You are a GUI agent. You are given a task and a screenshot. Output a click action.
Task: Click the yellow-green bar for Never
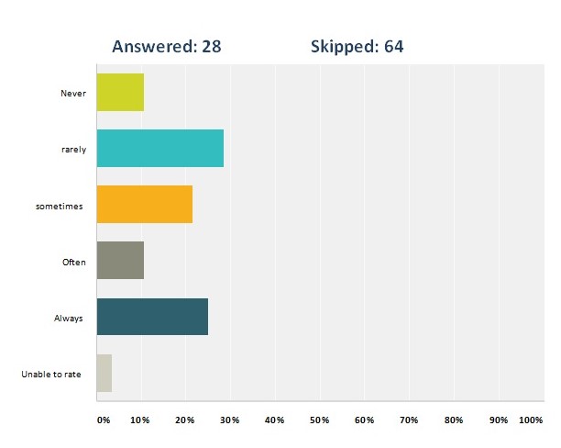(120, 92)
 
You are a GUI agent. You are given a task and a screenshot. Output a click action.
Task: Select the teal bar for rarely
(159, 148)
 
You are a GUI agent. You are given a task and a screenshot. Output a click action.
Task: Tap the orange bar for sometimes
(144, 205)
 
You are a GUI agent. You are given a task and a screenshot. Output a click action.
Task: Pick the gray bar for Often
(120, 261)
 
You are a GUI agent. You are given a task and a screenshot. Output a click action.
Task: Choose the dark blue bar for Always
(152, 317)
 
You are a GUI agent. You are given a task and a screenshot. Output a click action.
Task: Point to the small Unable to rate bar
(104, 374)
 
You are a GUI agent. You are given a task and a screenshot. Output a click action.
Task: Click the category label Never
(73, 93)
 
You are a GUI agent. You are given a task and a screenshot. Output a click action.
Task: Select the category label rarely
(73, 149)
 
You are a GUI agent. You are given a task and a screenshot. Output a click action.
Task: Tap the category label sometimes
(60, 206)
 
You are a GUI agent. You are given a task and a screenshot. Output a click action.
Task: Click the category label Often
(73, 262)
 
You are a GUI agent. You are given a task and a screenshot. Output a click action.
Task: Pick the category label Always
(70, 318)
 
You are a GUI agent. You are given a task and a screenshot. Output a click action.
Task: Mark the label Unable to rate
(52, 375)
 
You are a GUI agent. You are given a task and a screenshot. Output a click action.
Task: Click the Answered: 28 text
(166, 46)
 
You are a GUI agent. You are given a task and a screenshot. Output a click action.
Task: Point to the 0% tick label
(104, 420)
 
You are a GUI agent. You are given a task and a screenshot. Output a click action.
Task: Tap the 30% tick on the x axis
(229, 420)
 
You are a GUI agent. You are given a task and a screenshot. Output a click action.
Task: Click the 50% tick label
(319, 420)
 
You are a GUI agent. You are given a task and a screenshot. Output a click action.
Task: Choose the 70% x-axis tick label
(409, 420)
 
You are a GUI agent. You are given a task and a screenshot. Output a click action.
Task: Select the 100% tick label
(531, 420)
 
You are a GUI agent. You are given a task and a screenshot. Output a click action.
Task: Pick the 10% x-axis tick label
(140, 420)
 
